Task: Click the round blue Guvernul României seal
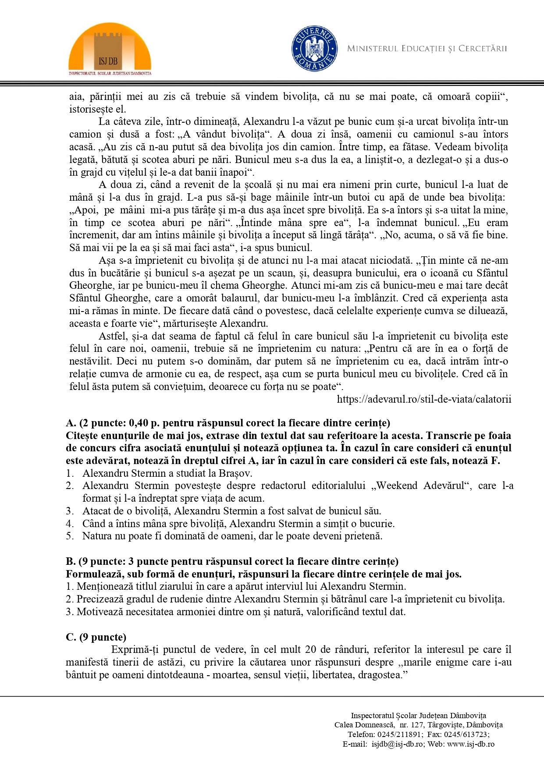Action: click(314, 49)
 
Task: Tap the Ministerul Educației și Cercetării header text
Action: click(427, 49)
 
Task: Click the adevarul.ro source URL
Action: click(423, 399)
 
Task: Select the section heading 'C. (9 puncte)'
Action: click(96, 637)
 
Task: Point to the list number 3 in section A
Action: click(69, 511)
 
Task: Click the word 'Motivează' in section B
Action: click(99, 612)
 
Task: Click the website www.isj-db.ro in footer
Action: click(470, 744)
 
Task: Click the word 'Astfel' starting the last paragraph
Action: click(112, 336)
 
